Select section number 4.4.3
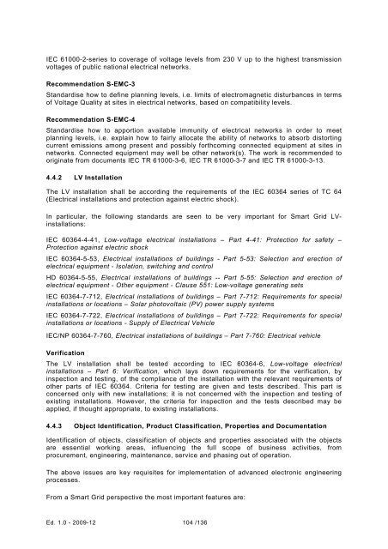[58, 450]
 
